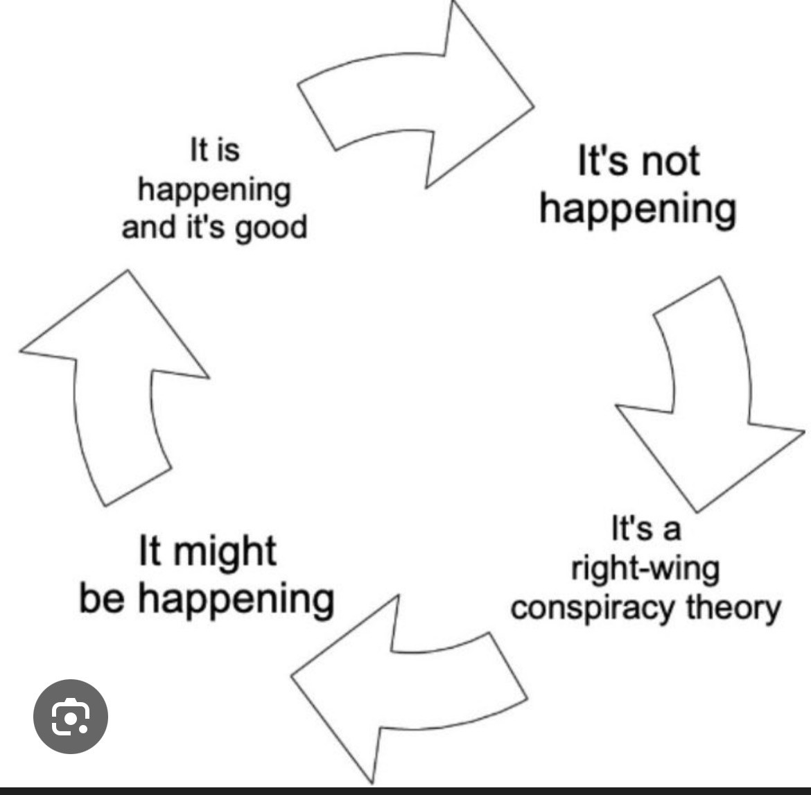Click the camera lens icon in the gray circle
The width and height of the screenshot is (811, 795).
(x=70, y=717)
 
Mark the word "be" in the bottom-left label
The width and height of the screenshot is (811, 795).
(x=103, y=598)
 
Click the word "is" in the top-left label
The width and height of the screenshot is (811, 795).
(x=227, y=150)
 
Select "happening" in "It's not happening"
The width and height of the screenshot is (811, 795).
(x=638, y=209)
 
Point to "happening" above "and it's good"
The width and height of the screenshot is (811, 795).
(x=213, y=190)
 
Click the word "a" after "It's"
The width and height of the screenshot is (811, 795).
(x=671, y=530)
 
